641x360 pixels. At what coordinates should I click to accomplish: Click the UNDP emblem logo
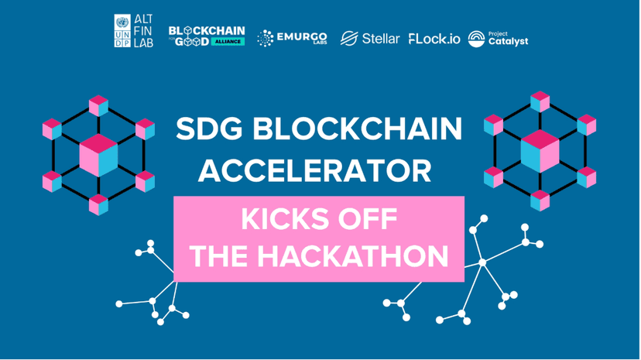(x=122, y=31)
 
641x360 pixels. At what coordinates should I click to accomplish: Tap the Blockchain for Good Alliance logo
(x=206, y=36)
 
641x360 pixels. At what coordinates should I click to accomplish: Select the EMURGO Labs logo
(x=292, y=37)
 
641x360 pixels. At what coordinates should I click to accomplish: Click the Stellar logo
(x=370, y=38)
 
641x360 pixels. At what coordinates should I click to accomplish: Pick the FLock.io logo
(x=434, y=38)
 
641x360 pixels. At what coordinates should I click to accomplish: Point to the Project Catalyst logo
(x=498, y=38)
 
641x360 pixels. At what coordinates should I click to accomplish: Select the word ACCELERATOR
(x=314, y=172)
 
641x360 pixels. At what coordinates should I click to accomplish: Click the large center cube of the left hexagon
(x=98, y=155)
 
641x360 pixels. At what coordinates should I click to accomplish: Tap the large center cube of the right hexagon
(x=540, y=150)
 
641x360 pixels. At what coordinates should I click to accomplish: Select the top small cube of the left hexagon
(x=98, y=105)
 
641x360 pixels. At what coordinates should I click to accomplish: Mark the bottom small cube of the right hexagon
(x=540, y=200)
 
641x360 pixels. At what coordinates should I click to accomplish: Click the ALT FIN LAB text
(x=143, y=31)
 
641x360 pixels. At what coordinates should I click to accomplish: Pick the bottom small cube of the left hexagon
(x=98, y=204)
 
